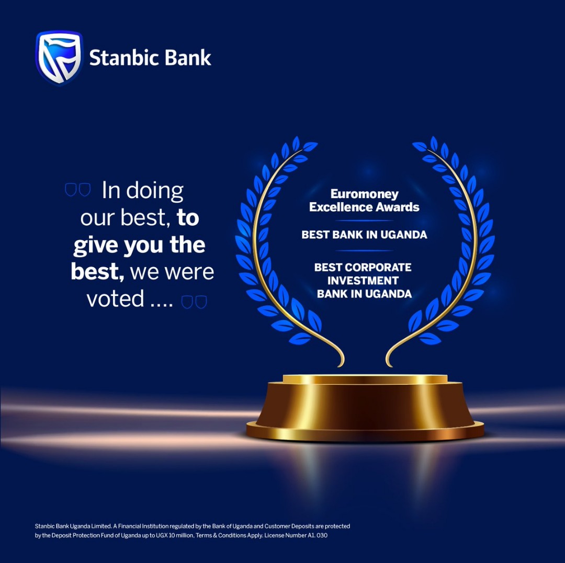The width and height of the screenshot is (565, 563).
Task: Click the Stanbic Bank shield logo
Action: [x=59, y=58]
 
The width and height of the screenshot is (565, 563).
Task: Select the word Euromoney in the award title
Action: [x=364, y=194]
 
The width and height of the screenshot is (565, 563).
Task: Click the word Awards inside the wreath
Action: [x=393, y=207]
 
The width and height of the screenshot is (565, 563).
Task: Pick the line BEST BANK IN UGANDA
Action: [x=364, y=235]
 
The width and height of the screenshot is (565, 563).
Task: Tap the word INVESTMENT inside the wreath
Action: [x=363, y=280]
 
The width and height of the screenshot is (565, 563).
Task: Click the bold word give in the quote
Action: [x=96, y=246]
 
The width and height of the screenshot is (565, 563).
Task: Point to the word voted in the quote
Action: [x=115, y=299]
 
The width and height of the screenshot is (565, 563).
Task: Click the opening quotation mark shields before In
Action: [x=77, y=190]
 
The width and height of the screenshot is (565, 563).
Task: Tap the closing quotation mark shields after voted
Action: [x=194, y=302]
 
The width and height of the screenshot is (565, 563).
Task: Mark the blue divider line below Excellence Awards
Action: [x=364, y=221]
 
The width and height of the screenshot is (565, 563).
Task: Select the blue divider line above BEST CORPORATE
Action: [x=364, y=250]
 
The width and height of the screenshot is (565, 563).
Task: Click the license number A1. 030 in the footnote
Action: [x=317, y=536]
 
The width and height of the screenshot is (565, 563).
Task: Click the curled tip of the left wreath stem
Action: [x=340, y=364]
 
